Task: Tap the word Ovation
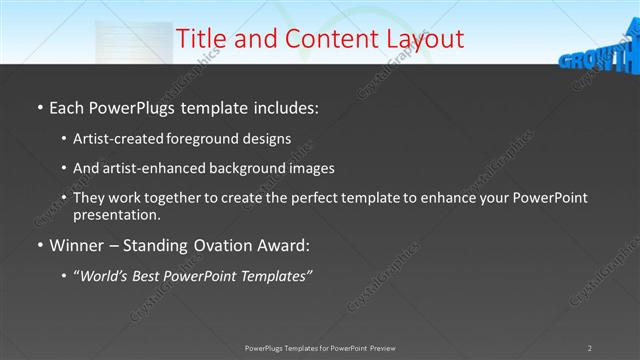pyautogui.click(x=211, y=244)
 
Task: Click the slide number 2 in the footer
pyautogui.click(x=590, y=347)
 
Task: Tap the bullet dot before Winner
pyautogui.click(x=38, y=245)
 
